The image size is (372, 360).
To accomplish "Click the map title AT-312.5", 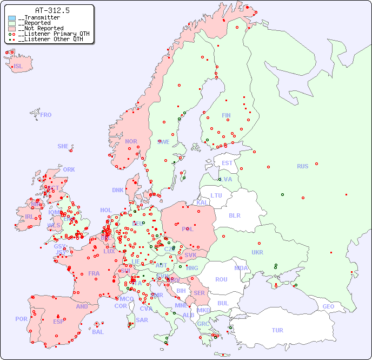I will [52, 10].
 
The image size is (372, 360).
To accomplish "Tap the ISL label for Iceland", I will [18, 67].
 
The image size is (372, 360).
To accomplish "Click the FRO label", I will [46, 115].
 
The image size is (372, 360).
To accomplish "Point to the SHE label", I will [63, 146].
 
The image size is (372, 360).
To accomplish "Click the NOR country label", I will [131, 141].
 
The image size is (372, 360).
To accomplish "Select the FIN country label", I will [226, 115].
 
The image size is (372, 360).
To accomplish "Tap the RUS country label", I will [302, 166].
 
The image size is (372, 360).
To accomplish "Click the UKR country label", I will [257, 252].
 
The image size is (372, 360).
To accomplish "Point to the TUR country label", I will [277, 330].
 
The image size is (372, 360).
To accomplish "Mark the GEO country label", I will [328, 306].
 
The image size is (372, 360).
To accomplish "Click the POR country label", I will [21, 319].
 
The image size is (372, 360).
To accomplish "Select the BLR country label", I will [235, 215].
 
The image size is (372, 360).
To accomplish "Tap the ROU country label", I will [221, 279].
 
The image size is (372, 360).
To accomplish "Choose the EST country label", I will [227, 163].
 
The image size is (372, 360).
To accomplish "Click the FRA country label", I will [94, 273].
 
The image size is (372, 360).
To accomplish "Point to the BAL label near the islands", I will [97, 332].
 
